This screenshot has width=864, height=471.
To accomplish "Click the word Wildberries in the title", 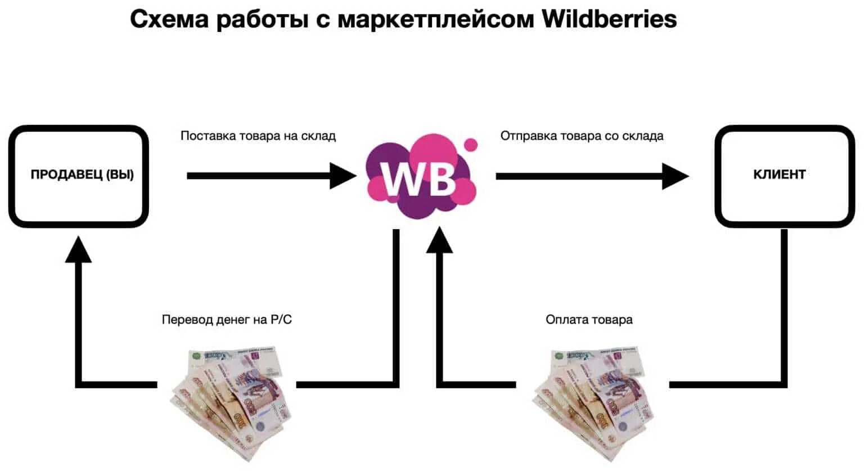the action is click(x=609, y=19).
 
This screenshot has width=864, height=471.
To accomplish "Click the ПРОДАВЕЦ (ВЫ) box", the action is click(x=79, y=176).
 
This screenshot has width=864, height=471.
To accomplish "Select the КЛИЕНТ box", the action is click(x=784, y=176).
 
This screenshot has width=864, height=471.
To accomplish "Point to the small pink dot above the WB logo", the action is click(x=471, y=145).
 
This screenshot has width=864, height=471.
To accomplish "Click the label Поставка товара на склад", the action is click(x=258, y=136).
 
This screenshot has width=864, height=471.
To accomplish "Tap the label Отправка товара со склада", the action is click(x=582, y=136).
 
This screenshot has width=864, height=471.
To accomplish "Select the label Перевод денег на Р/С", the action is click(x=227, y=320).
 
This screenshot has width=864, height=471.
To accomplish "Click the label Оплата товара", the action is click(x=589, y=320).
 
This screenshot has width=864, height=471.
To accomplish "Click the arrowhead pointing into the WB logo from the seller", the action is click(x=343, y=176).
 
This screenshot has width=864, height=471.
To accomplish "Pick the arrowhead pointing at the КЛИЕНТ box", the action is click(x=675, y=176).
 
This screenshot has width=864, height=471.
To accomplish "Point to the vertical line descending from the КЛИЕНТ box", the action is click(x=784, y=304).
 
